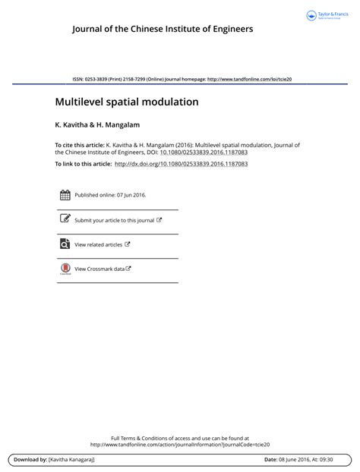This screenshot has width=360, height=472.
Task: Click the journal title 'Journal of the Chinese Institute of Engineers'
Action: pyautogui.click(x=163, y=30)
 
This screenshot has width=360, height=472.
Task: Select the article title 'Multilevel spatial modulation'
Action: pyautogui.click(x=126, y=101)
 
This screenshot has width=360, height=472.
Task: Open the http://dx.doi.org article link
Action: pyautogui.click(x=181, y=163)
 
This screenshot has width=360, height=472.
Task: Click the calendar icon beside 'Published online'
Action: pyautogui.click(x=65, y=194)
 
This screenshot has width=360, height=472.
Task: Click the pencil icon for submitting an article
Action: pyautogui.click(x=65, y=219)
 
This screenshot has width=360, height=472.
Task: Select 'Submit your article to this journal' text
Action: pyautogui.click(x=115, y=220)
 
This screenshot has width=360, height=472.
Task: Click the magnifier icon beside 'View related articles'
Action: pyautogui.click(x=65, y=244)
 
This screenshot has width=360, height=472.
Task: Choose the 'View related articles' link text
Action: pyautogui.click(x=99, y=245)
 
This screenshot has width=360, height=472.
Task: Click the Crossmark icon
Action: pyautogui.click(x=65, y=269)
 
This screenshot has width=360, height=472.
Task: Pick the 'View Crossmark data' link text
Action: pyautogui.click(x=99, y=269)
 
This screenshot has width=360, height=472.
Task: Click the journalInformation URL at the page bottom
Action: pyautogui.click(x=180, y=445)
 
